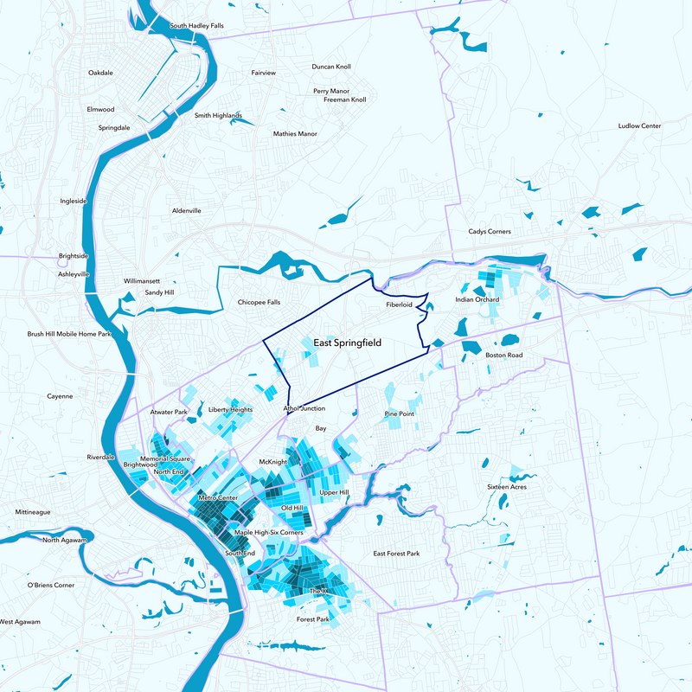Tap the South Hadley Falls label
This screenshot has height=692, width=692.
click(x=196, y=26)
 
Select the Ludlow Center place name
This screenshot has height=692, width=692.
click(x=639, y=126)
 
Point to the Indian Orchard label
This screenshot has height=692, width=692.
click(x=477, y=300)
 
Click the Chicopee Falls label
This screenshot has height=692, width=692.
click(x=259, y=303)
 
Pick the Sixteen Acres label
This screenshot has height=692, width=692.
click(x=507, y=487)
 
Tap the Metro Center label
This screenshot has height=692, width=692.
click(x=217, y=499)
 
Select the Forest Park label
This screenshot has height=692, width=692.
click(x=313, y=619)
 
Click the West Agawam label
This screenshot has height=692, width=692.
click(x=17, y=622)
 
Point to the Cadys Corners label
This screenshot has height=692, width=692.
click(x=490, y=232)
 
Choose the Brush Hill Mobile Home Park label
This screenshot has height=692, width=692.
click(x=69, y=334)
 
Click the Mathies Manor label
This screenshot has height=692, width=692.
click(x=295, y=134)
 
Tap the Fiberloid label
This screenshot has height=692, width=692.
click(x=401, y=305)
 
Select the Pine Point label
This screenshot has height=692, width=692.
click(x=399, y=414)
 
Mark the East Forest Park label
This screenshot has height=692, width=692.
click(x=396, y=554)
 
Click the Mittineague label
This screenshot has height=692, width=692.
click(x=32, y=512)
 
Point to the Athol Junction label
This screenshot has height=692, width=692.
click(x=304, y=408)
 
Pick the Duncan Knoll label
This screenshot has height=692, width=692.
click(x=331, y=67)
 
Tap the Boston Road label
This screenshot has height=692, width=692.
click(x=504, y=356)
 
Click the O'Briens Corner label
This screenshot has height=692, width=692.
click(x=51, y=586)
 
